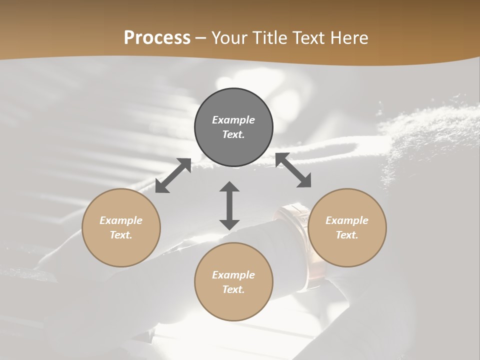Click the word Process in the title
(157, 38)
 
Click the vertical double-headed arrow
(229, 205)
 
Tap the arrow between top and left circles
(173, 175)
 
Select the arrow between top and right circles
(293, 170)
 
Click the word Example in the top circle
(233, 120)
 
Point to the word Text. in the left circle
(121, 235)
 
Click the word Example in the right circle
(347, 220)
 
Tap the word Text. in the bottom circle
(233, 289)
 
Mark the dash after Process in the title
(201, 38)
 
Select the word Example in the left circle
(121, 220)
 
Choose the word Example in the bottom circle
(233, 275)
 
